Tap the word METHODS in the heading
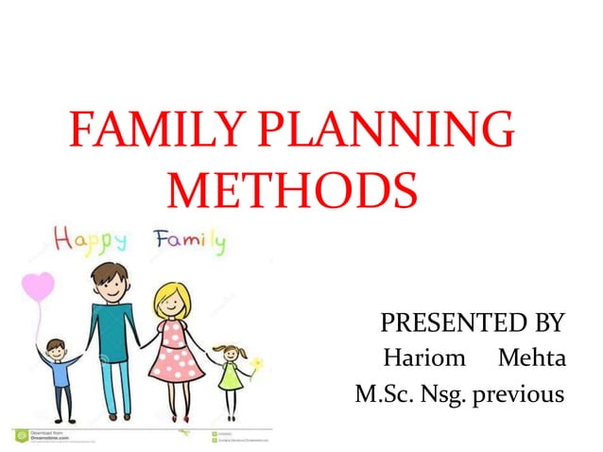tap(292, 190)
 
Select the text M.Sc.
tap(382, 392)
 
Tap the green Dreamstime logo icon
tap(18, 435)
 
